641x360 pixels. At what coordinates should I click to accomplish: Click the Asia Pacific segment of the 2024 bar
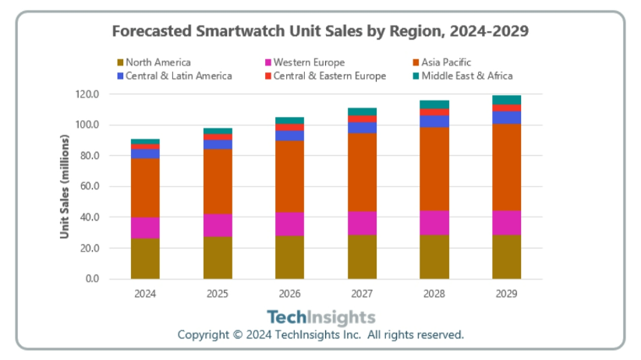point(145,188)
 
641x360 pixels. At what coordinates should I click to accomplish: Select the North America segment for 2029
point(506,256)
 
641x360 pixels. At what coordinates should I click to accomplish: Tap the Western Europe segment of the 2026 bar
point(289,224)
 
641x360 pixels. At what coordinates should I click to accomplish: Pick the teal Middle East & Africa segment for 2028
point(434,104)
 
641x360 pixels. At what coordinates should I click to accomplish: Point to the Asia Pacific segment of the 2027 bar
point(362,172)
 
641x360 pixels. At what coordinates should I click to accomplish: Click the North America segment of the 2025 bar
point(218,257)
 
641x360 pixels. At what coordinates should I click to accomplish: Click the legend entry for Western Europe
point(309,62)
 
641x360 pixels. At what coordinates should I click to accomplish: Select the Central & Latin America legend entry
point(179,76)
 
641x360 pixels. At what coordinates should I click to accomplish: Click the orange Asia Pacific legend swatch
point(416,62)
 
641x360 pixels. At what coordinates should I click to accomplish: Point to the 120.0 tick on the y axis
point(88,94)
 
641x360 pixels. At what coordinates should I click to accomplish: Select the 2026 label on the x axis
point(289,294)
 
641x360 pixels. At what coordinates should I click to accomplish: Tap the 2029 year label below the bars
point(506,294)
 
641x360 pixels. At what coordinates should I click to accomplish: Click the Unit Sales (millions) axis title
point(66,186)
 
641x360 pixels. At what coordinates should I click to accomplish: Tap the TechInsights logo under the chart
point(320,317)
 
